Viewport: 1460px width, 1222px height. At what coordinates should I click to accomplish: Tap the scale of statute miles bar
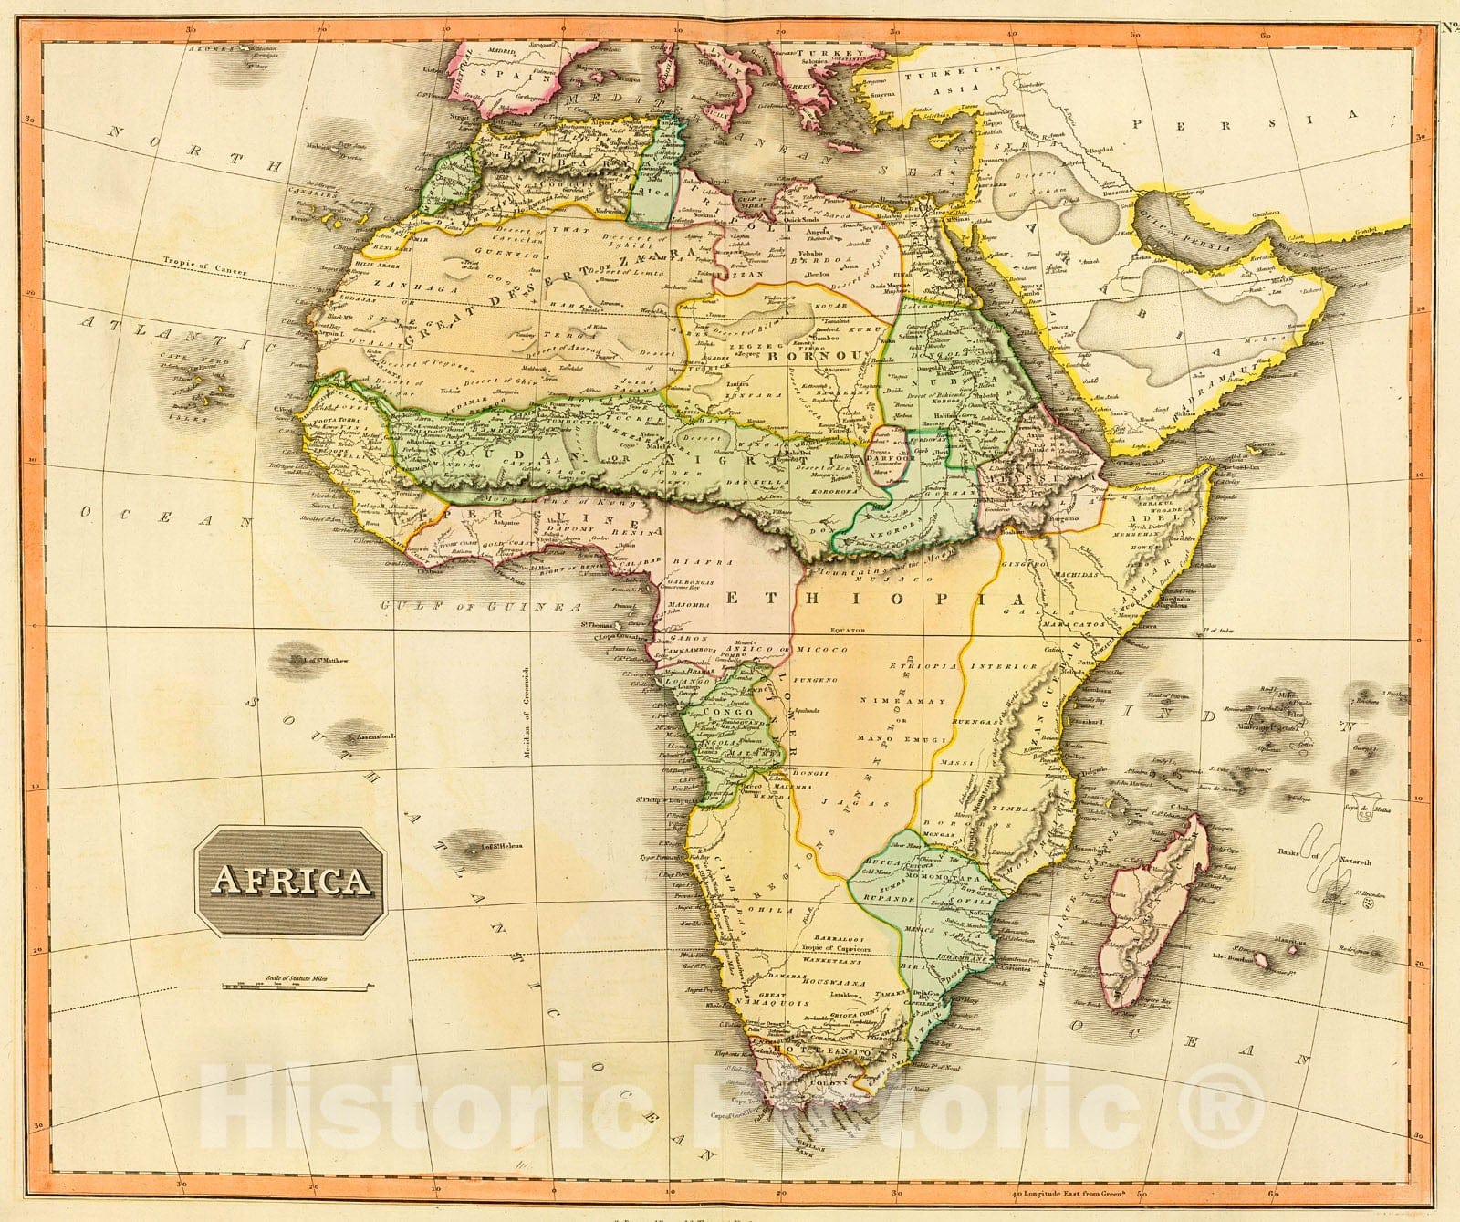pos(295,986)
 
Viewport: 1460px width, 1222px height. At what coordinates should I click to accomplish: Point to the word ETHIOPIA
pos(875,598)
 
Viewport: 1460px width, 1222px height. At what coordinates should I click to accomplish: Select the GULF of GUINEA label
pos(481,606)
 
